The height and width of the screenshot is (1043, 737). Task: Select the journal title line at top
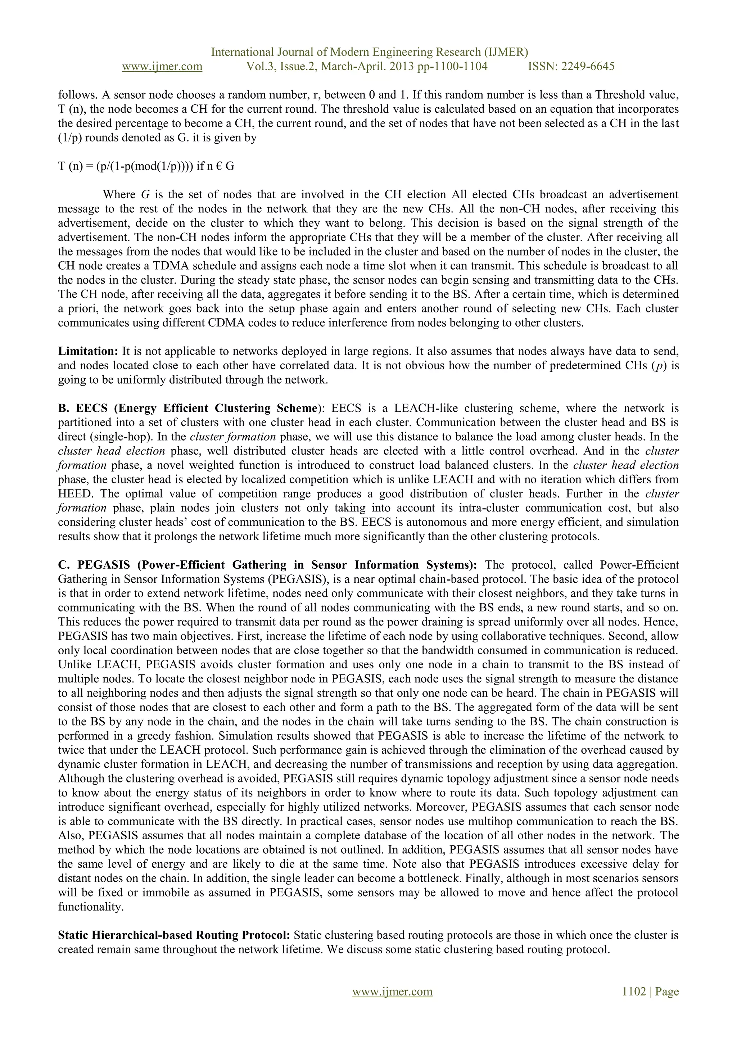point(370,52)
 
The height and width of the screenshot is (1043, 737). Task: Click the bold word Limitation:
point(88,351)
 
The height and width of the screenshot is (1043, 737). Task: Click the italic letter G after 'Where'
point(145,195)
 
